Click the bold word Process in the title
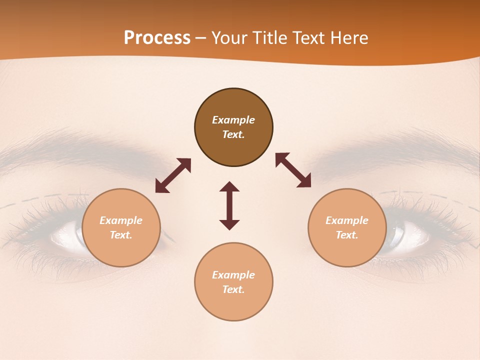(157, 38)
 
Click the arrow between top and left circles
(173, 175)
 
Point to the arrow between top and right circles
(293, 170)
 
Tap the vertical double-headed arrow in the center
(229, 205)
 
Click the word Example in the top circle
(233, 120)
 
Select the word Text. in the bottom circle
(233, 289)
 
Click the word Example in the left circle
(121, 220)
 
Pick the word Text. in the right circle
(347, 235)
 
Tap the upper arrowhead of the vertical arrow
(229, 187)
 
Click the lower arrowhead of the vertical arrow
(229, 224)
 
